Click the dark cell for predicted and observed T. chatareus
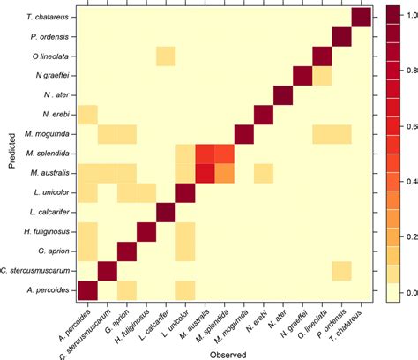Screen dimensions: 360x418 pos(361,18)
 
